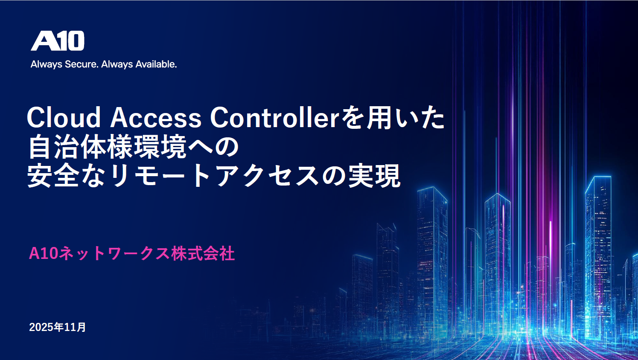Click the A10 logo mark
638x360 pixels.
[x=58, y=41]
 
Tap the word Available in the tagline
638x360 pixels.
[x=156, y=64]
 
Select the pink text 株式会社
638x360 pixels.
[x=203, y=253]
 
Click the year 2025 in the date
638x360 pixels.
[x=41, y=327]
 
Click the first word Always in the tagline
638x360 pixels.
[x=47, y=64]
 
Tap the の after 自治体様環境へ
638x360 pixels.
[x=227, y=148]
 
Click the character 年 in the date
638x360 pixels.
[x=58, y=327]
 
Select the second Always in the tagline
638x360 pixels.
[x=117, y=64]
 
